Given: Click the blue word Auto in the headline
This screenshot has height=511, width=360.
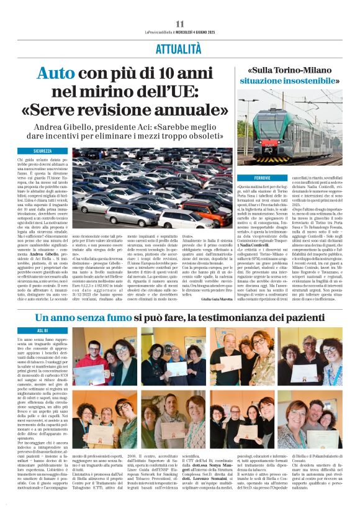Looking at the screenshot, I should click(x=56, y=74).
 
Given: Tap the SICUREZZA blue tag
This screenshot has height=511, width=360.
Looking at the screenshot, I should click(x=43, y=151).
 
